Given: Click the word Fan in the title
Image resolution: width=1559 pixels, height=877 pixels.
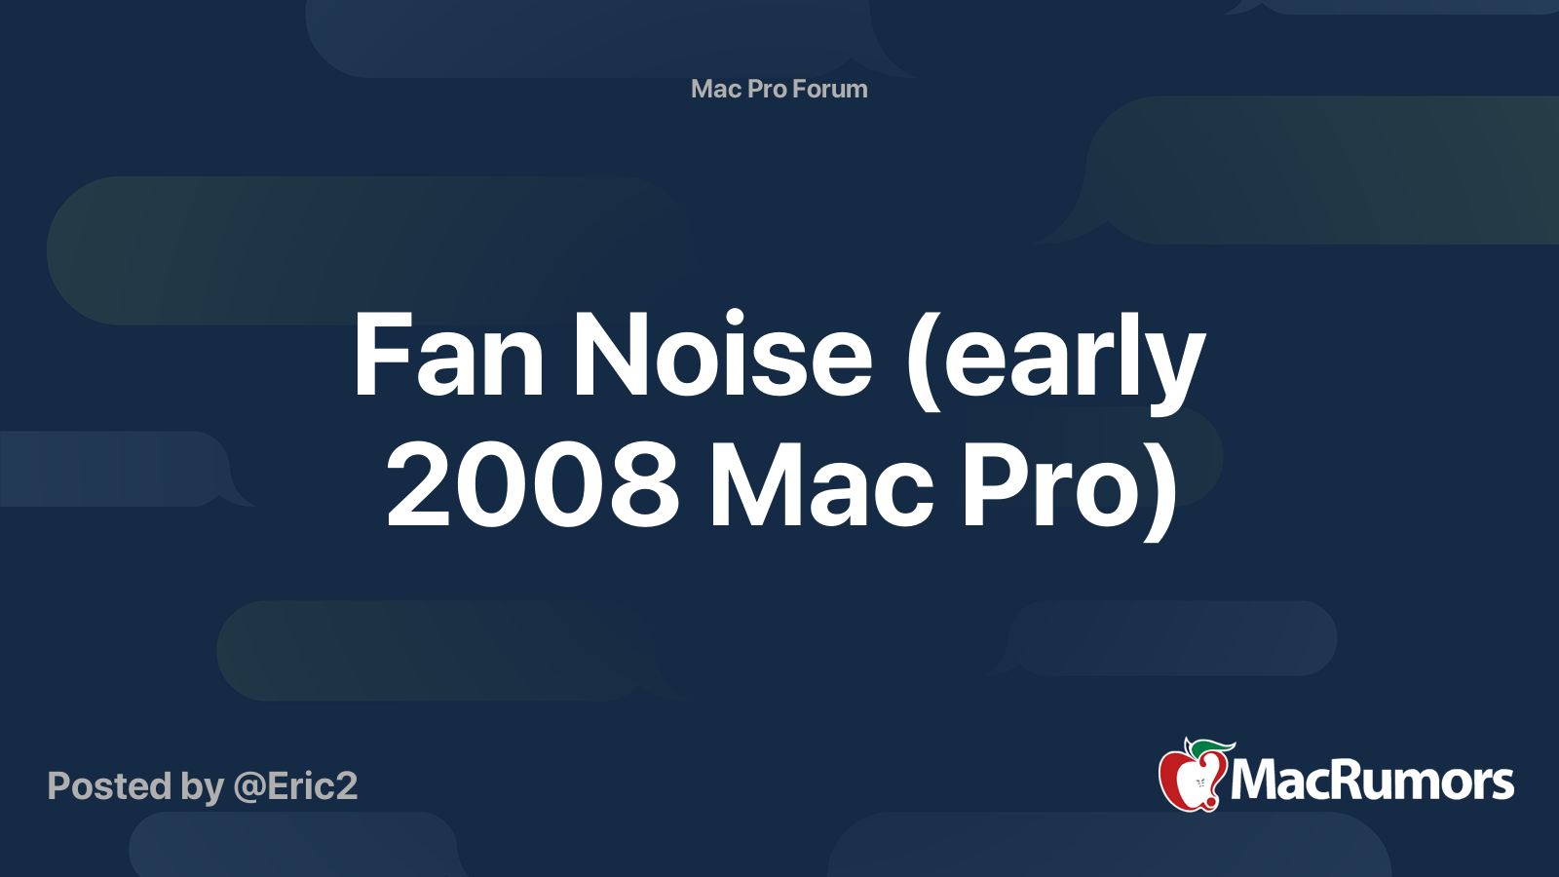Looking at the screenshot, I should click(x=447, y=357).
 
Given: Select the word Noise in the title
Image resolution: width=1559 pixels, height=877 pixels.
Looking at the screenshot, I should click(x=722, y=357).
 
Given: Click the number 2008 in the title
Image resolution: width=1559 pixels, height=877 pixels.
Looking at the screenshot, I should click(x=532, y=485).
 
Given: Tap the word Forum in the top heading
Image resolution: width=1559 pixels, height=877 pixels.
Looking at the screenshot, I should click(x=829, y=89).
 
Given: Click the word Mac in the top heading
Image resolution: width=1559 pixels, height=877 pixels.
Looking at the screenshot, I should click(x=716, y=89).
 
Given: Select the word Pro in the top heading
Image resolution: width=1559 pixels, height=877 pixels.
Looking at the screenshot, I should click(x=767, y=89).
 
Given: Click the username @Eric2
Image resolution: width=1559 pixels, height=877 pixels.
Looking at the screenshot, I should click(x=295, y=786).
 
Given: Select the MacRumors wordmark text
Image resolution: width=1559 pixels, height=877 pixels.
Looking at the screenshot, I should click(x=1372, y=782).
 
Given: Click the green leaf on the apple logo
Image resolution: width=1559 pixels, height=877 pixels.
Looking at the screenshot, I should click(x=1211, y=747).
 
